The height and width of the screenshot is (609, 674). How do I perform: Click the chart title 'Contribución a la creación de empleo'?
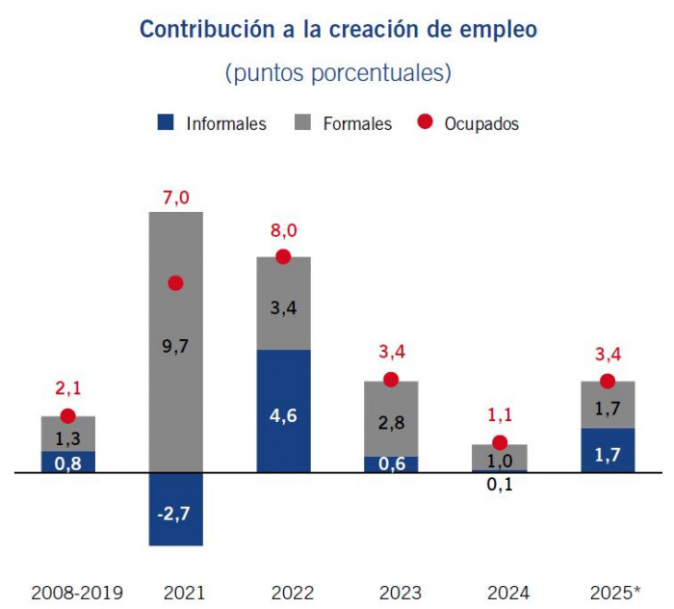pyautogui.click(x=338, y=29)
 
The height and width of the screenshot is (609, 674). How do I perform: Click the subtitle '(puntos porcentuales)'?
pyautogui.click(x=338, y=73)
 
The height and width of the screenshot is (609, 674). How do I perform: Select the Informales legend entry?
pyautogui.click(x=213, y=123)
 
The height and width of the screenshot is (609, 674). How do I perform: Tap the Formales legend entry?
pyautogui.click(x=345, y=123)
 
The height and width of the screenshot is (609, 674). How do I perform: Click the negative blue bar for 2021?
pyautogui.click(x=175, y=510)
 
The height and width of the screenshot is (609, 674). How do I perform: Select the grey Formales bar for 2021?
pyautogui.click(x=175, y=385)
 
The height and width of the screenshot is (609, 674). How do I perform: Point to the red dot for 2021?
pyautogui.click(x=175, y=283)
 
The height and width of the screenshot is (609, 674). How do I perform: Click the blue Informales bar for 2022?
pyautogui.click(x=283, y=411)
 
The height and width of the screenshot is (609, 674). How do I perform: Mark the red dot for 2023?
pyautogui.click(x=391, y=380)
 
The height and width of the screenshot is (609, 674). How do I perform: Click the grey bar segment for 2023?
pyautogui.click(x=391, y=419)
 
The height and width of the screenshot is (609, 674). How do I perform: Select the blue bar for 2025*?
pyautogui.click(x=608, y=451)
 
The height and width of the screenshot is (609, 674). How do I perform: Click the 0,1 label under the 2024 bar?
pyautogui.click(x=499, y=486)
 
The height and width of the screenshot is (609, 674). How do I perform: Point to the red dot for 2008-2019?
pyautogui.click(x=67, y=416)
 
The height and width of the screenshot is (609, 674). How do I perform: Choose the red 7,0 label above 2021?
pyautogui.click(x=175, y=198)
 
